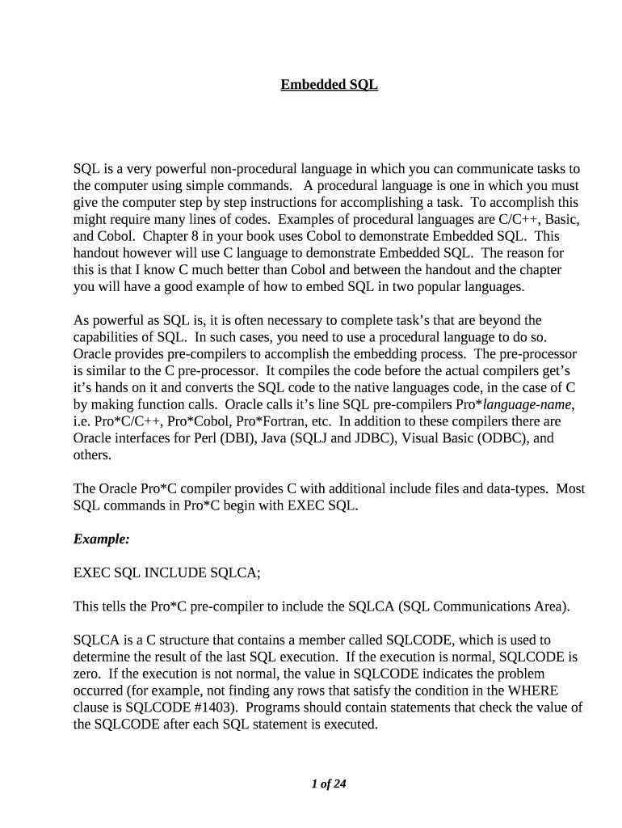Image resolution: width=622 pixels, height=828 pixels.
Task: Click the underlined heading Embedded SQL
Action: point(329,84)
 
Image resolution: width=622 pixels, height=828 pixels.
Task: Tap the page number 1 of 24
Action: point(329,783)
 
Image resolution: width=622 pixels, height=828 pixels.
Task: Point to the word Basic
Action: point(559,219)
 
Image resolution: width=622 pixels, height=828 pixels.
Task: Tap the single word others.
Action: point(91,455)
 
